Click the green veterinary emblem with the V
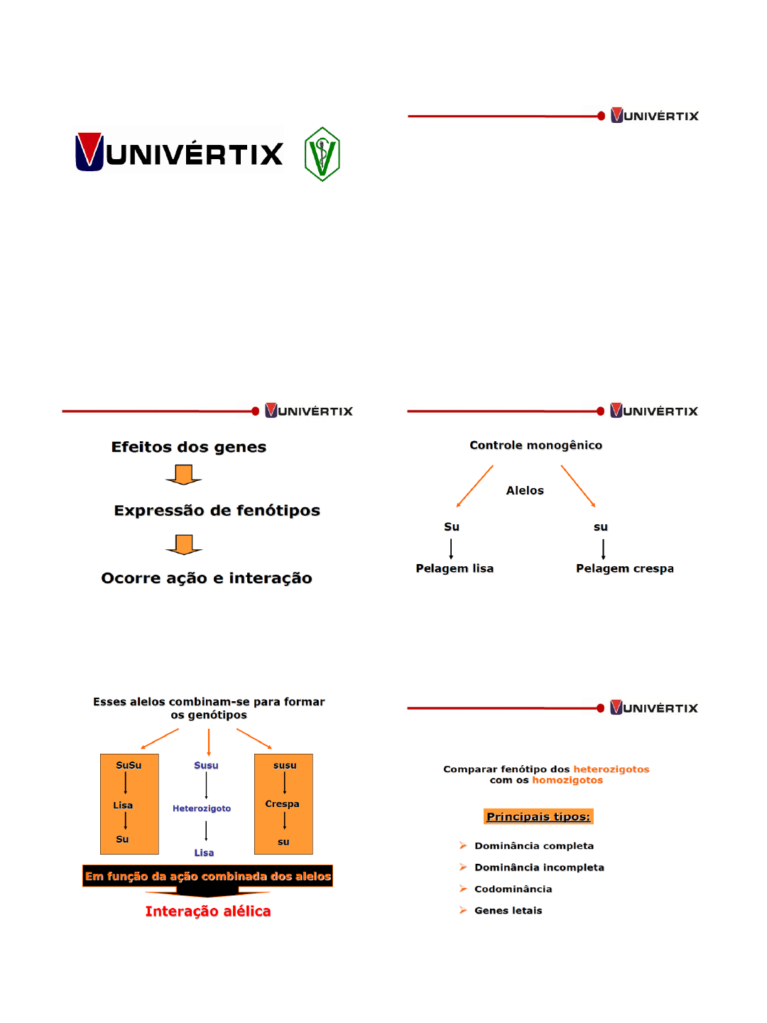(x=322, y=154)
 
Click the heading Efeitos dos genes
(x=189, y=447)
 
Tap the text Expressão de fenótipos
(x=217, y=510)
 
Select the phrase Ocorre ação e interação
(x=207, y=578)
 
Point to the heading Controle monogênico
(x=535, y=445)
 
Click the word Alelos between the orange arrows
(x=525, y=490)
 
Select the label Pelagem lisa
(x=455, y=568)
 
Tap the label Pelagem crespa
(x=625, y=568)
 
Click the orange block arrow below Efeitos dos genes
(x=184, y=475)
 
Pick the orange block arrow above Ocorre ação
(x=184, y=544)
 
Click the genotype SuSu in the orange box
(x=129, y=765)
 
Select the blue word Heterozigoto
(x=202, y=808)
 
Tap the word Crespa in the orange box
(x=282, y=804)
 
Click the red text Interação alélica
(x=208, y=911)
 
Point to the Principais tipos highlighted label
(x=538, y=817)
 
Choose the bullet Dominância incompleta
(x=539, y=867)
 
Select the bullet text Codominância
(x=513, y=889)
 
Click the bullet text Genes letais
(x=508, y=911)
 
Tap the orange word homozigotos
(x=567, y=780)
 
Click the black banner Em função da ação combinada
(x=208, y=877)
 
